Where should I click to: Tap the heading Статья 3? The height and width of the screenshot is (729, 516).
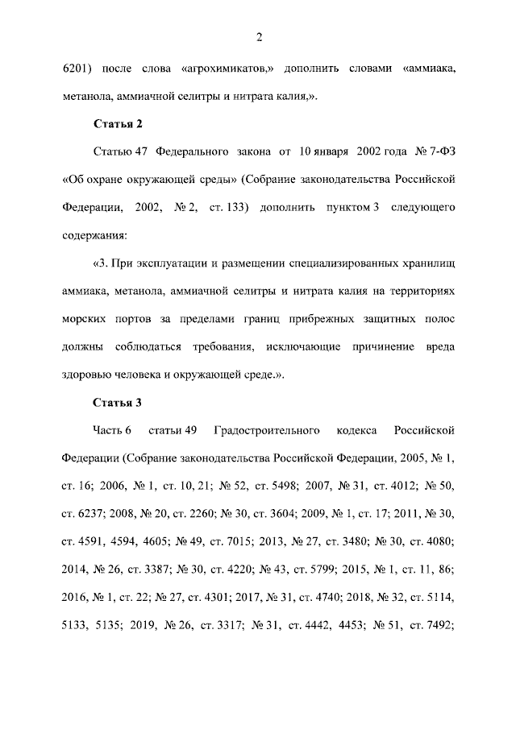pyautogui.click(x=119, y=402)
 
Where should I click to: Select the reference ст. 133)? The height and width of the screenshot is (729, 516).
pyautogui.click(x=234, y=208)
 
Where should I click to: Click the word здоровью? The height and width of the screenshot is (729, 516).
pyautogui.click(x=88, y=375)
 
